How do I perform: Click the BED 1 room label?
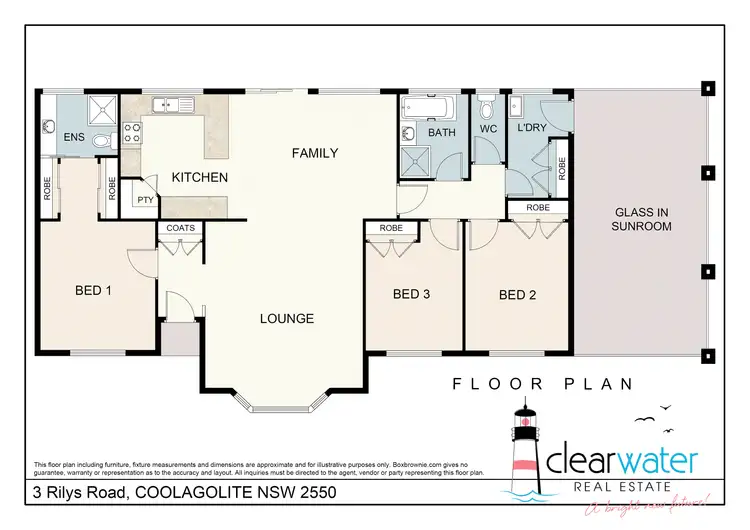coord(93,291)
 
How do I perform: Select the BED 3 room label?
coord(411,294)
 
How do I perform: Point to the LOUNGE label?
coord(288,319)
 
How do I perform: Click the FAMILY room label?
coord(314,153)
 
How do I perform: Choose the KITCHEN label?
coord(200,177)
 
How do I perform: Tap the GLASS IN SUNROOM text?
coord(641,219)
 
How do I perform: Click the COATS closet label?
coord(181,228)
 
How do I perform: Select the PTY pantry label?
coord(144,200)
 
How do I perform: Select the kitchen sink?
coord(171,103)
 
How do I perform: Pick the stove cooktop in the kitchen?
coord(130,133)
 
